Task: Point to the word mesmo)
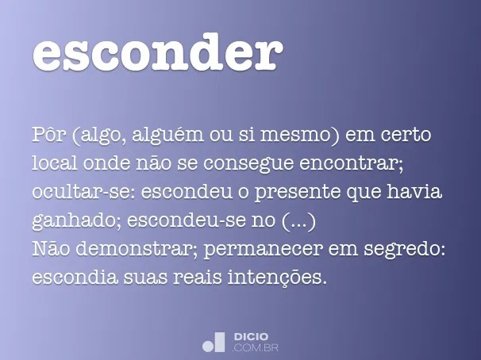(306, 136)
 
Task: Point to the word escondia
(69, 278)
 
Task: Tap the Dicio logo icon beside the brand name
(214, 342)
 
